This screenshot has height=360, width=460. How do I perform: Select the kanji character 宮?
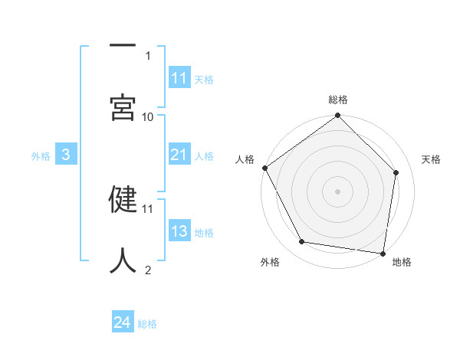123,107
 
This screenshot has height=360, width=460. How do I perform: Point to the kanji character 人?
123,260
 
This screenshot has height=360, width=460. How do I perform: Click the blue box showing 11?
179,78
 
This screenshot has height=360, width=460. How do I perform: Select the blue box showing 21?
179,155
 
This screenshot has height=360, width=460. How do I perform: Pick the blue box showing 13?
179,232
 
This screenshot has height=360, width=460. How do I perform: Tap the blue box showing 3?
66,155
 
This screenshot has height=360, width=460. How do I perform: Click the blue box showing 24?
123,323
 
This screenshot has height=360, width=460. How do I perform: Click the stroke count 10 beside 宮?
148,116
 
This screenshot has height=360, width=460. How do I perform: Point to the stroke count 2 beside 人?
148,270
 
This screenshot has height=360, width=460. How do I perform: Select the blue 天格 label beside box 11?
204,79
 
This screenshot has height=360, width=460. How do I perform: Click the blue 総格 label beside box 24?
147,324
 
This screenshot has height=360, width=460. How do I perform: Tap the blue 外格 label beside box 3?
41,156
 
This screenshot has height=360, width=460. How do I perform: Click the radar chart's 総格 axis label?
338,100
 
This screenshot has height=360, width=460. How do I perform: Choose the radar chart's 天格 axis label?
432,159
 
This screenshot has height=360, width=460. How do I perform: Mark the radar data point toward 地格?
383,253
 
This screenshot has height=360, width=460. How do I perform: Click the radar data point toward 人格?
265,168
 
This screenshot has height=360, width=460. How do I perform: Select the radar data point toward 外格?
302,242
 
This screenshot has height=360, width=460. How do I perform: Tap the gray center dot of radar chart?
338,191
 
